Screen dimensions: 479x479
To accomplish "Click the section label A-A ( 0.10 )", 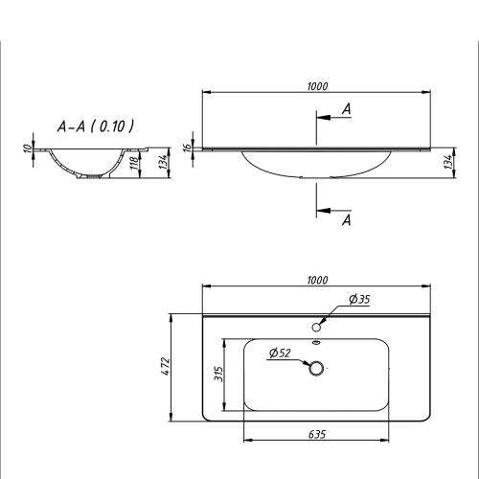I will coord(96,126).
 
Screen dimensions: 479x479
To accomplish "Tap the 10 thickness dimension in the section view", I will coord(28,150).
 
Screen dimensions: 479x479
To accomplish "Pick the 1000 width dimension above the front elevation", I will coord(318,86).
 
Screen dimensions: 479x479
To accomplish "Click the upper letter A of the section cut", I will coord(346,110).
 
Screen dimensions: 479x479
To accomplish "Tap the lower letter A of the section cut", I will coord(346,221).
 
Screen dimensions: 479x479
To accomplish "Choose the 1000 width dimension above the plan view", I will coord(318,280).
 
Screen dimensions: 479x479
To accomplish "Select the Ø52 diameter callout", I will coord(280,353).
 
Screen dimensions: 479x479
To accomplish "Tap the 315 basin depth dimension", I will coord(218,373).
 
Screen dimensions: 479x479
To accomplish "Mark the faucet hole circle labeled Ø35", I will coord(316,326).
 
